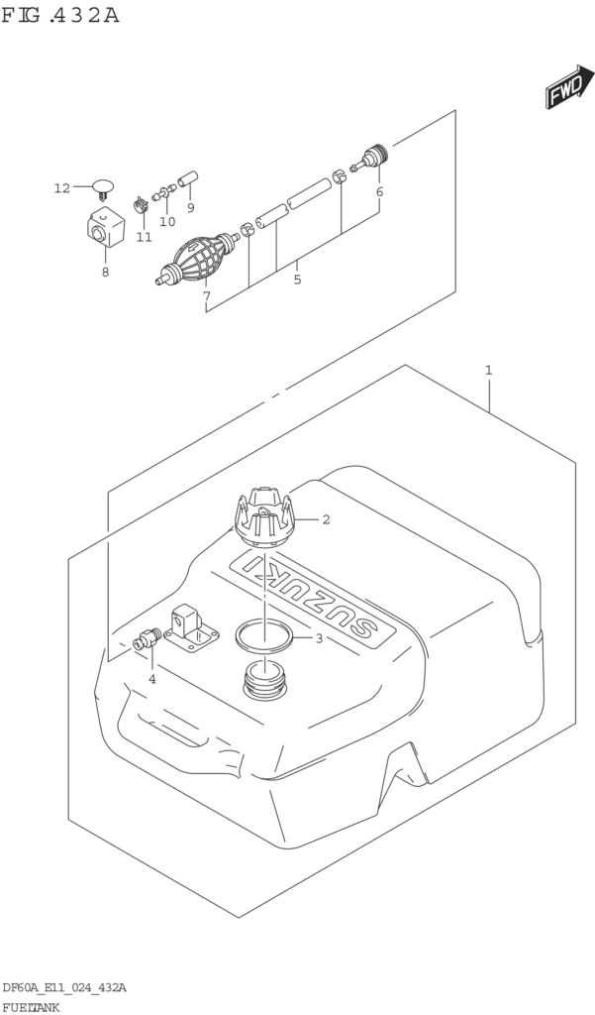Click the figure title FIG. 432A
[60, 15]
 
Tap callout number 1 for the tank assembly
[489, 371]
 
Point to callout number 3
[319, 638]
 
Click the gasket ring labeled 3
[263, 635]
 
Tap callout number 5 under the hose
[297, 280]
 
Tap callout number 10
[167, 221]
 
